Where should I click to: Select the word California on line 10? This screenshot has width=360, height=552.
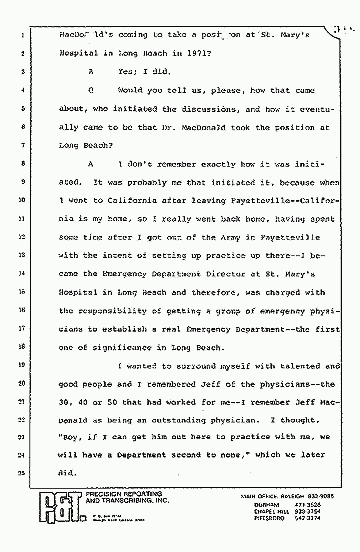point(131,200)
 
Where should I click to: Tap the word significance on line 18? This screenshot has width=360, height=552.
point(122,348)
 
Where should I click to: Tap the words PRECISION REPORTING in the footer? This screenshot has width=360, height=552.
point(119,494)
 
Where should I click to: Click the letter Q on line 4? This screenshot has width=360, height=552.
point(91,90)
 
